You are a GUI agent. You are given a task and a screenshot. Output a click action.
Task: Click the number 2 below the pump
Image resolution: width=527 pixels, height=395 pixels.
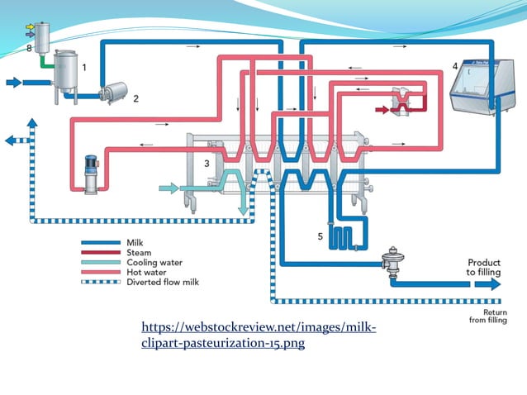135,98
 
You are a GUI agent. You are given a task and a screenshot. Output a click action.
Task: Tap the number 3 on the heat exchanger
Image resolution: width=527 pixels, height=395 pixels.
207,164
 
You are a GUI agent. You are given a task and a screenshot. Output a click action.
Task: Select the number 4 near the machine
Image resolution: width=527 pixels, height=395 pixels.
454,65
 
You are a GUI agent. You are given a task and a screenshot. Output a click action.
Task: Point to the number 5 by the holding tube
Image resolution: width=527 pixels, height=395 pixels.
320,236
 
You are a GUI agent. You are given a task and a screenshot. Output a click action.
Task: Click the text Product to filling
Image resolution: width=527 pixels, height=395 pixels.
482,267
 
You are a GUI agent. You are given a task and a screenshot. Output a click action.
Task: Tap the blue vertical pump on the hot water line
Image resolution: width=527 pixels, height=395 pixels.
91,173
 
